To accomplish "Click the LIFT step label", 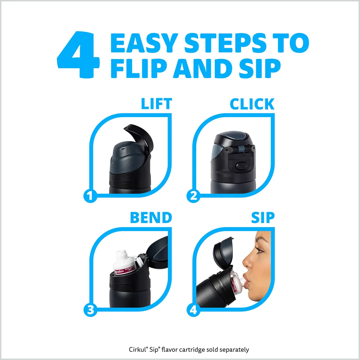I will (156, 104).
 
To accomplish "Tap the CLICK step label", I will (252, 104).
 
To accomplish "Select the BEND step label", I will (151, 217).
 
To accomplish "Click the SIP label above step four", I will (263, 217).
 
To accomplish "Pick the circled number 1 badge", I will (90, 196).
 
